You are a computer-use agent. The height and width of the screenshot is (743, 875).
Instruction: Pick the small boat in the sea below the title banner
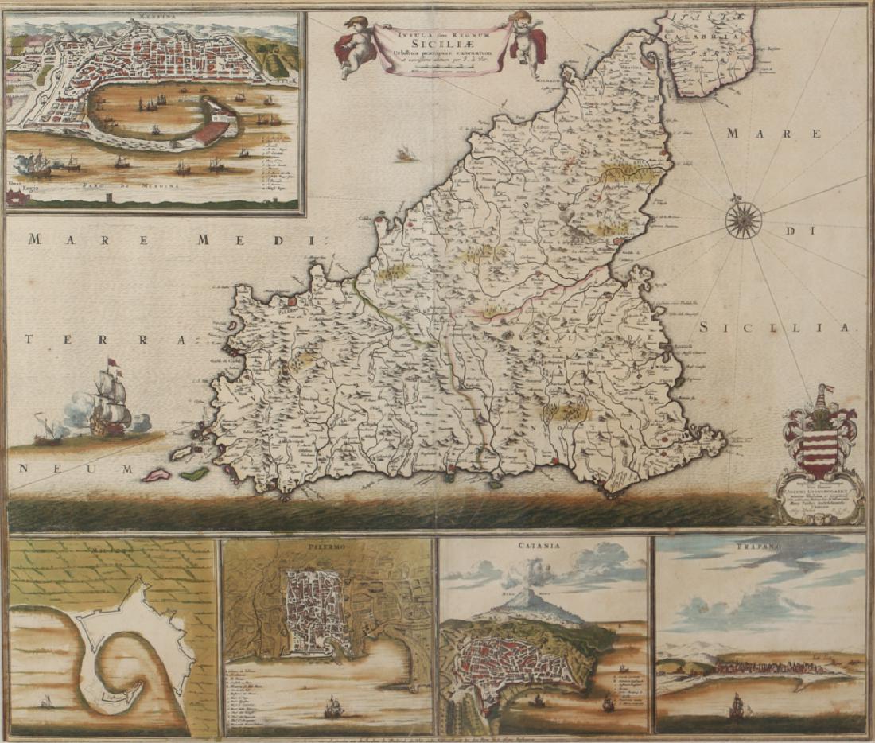[408, 154]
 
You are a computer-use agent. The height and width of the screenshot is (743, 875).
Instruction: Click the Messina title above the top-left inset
[155, 15]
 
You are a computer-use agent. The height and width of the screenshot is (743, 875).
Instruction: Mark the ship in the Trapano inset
[739, 705]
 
